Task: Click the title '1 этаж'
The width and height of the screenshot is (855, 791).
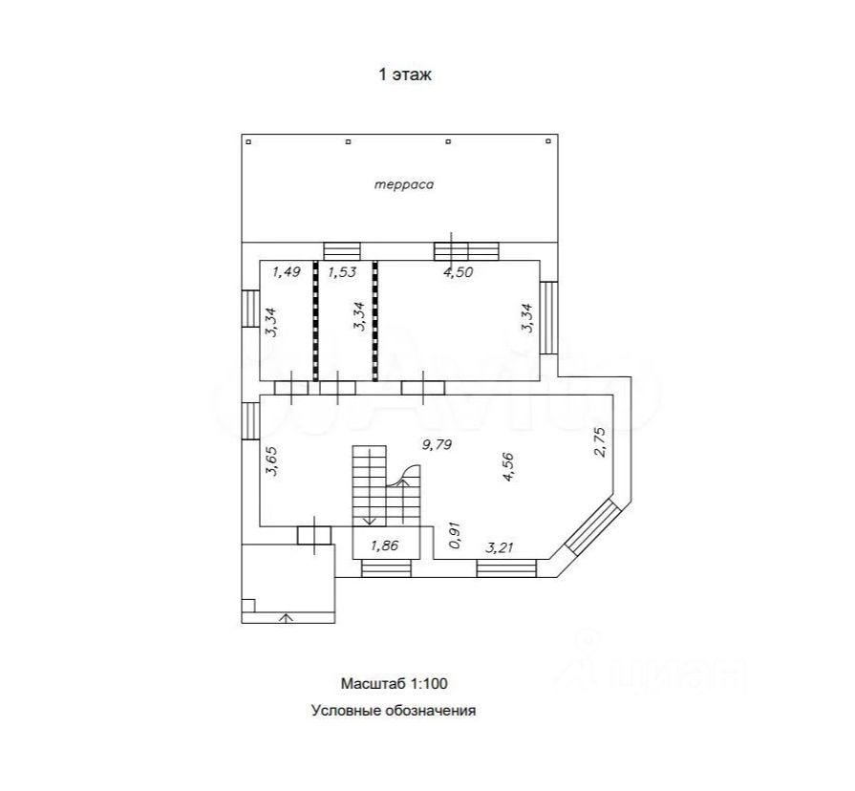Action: coord(405,75)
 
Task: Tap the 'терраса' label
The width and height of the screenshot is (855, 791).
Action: coord(404,184)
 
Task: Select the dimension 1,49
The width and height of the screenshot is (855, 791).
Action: coord(287,271)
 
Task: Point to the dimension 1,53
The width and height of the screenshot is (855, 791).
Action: coord(342,271)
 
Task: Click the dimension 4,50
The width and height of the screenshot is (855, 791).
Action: coord(458,271)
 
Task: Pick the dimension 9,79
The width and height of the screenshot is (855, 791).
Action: coord(438,445)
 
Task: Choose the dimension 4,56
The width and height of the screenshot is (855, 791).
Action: coord(508,467)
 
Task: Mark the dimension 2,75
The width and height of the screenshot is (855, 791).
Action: coord(599,441)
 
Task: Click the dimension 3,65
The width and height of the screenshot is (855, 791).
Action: coord(272,461)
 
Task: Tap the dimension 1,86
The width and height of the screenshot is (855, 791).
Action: coord(384,545)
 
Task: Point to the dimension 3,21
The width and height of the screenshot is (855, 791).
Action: coord(499,546)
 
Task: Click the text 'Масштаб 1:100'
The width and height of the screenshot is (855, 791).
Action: coord(395,683)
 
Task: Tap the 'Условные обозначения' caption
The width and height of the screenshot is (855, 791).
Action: coord(394,711)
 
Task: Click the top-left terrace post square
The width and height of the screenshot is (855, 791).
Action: coord(248,141)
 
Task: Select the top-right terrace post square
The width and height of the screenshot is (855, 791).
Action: coord(548,141)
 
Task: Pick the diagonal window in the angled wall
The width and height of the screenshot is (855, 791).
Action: coord(593,527)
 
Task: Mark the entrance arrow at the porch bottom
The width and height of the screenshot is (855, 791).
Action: coord(287,618)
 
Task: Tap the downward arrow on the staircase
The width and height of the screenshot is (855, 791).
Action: coord(370,485)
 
